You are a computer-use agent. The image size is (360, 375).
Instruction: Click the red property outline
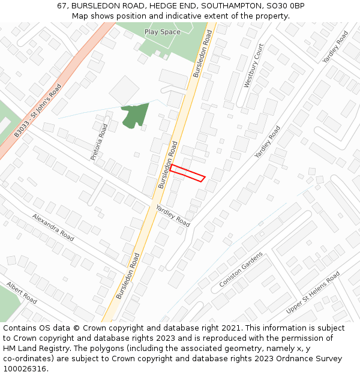click(187, 173)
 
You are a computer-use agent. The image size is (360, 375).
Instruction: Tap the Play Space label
click(162, 32)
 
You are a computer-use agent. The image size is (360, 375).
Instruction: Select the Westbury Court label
click(254, 66)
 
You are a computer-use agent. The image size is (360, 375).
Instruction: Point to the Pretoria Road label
click(100, 142)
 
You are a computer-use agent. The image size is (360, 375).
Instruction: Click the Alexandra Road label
click(53, 227)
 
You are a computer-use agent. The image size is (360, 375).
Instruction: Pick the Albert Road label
click(22, 292)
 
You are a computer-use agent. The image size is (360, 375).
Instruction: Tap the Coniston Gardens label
click(241, 269)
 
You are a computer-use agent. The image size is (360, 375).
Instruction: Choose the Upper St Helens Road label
click(313, 292)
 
